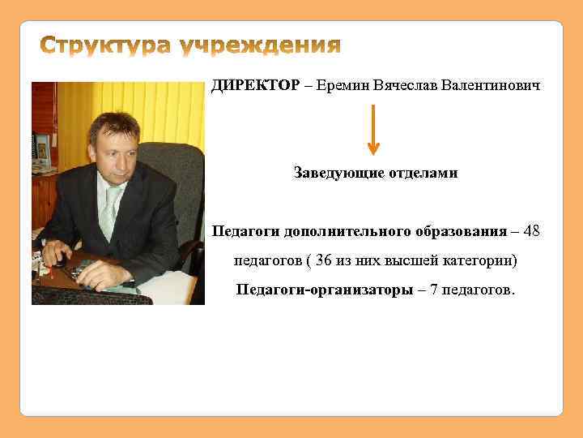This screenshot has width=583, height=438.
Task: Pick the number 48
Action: point(531,231)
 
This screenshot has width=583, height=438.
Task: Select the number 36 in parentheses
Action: point(323,261)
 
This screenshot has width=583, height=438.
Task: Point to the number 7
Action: point(435,290)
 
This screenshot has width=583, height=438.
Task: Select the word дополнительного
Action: point(341,231)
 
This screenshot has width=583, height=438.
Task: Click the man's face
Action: point(113,150)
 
